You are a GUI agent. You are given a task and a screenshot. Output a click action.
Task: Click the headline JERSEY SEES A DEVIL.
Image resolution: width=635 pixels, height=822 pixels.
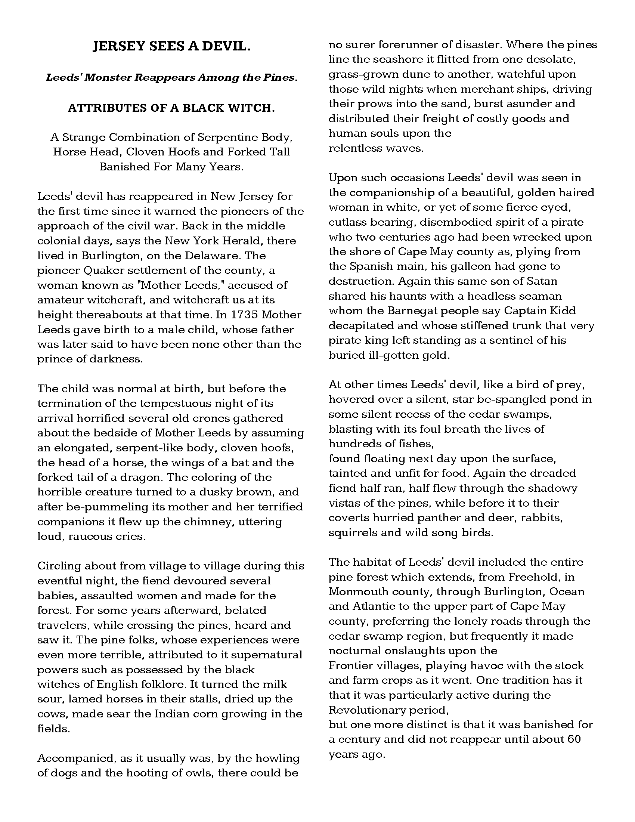pos(171,47)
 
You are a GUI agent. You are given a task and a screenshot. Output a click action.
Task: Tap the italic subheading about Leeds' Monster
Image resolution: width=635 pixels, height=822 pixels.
pos(171,78)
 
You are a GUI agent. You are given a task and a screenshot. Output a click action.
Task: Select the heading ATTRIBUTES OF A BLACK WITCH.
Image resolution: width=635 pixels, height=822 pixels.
pos(171,108)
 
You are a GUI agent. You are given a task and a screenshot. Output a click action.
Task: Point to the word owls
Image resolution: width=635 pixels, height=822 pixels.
pos(199,773)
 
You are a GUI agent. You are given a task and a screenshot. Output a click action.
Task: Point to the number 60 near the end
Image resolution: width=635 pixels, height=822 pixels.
pos(574,739)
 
